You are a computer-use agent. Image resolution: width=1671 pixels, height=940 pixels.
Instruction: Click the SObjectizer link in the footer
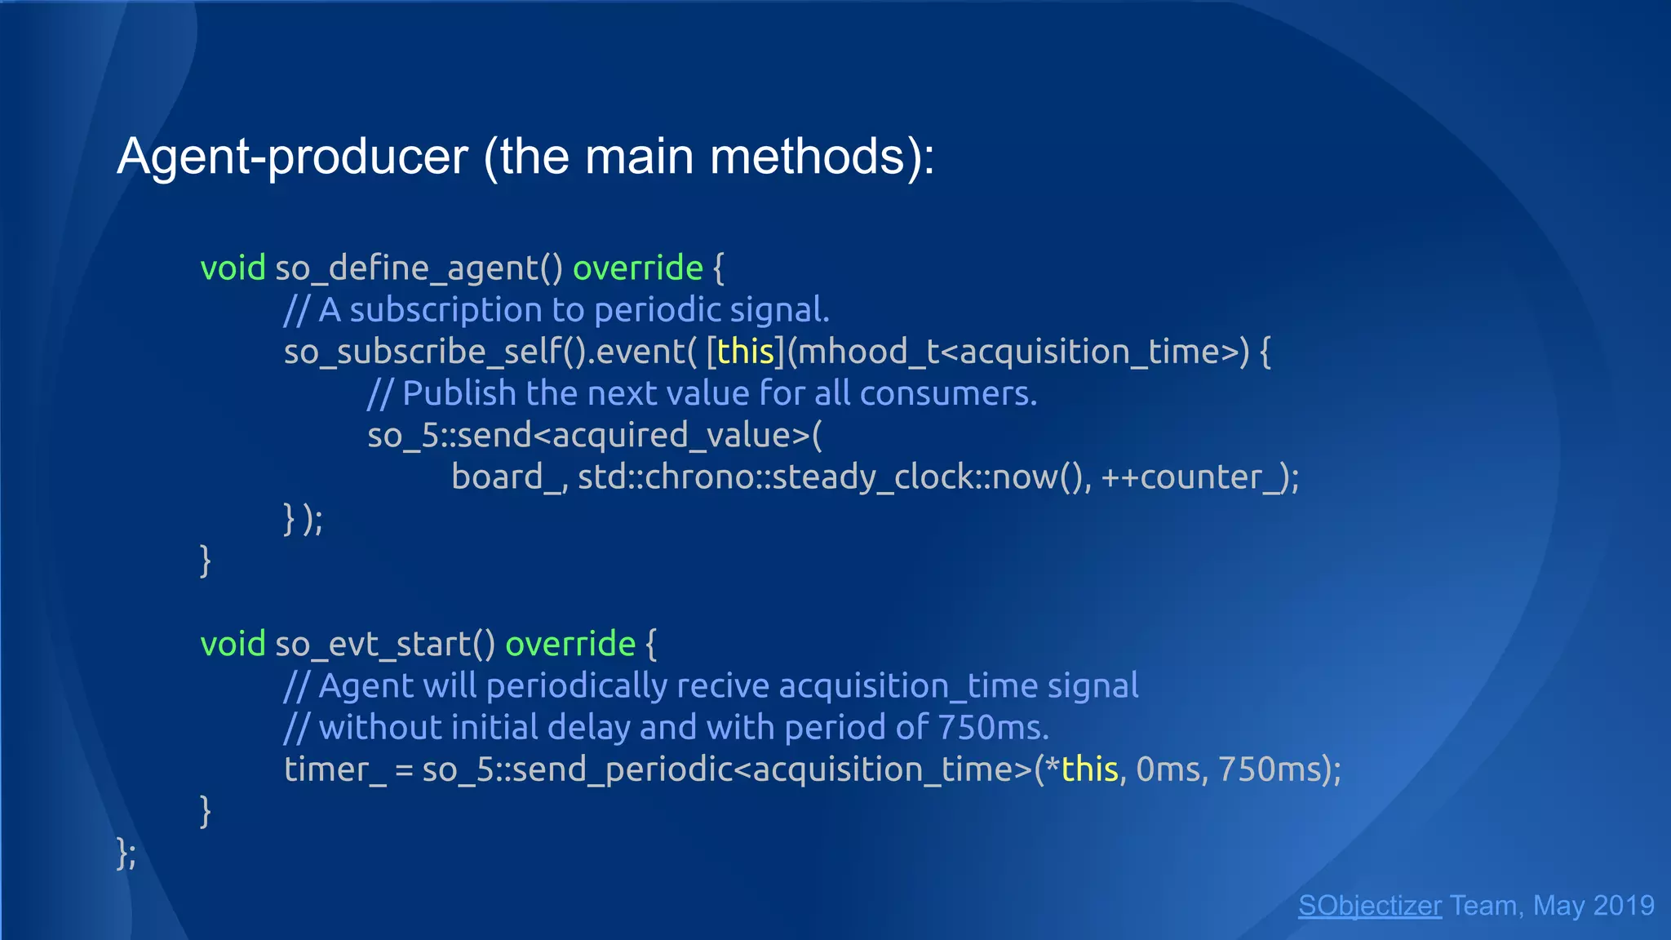1369,906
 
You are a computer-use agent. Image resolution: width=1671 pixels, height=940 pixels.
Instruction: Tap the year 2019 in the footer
1623,906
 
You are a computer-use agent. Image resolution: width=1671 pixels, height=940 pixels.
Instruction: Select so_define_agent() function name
419,268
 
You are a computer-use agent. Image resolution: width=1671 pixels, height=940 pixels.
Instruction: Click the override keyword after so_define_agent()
637,268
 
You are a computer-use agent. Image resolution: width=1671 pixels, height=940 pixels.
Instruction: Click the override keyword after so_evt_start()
570,645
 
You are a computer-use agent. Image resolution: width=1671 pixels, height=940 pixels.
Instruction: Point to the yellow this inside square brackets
745,352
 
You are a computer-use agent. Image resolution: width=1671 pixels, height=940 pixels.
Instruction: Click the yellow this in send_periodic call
1089,769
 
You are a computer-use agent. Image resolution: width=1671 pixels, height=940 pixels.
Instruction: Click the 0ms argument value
1170,769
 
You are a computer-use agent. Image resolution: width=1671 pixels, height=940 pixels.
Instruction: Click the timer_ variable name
335,769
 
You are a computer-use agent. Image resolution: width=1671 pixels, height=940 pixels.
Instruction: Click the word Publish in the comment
459,394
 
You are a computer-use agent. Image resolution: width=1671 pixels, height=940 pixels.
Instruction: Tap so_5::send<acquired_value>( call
594,436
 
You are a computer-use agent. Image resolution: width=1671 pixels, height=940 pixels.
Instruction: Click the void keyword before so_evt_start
233,645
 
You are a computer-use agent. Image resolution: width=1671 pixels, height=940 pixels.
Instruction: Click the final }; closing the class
126,854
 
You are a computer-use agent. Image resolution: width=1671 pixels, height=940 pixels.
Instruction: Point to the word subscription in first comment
445,311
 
